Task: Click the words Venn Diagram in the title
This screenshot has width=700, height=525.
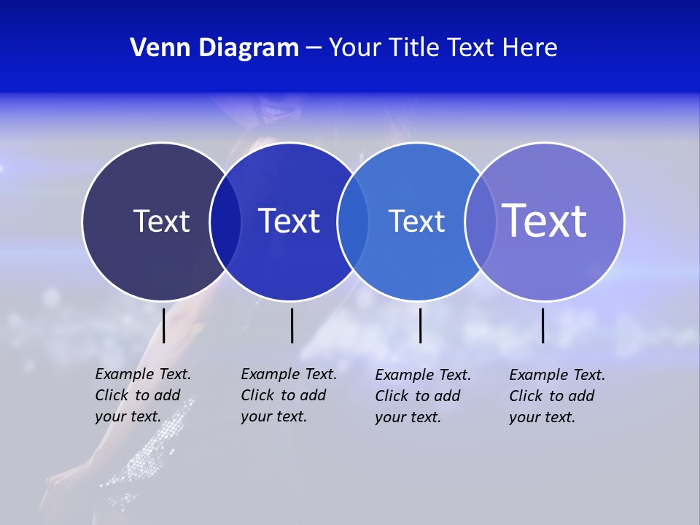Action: point(214,48)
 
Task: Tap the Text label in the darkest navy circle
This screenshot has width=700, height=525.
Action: point(161,221)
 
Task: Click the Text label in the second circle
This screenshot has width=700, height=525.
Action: point(289,221)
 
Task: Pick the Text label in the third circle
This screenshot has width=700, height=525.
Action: point(416,221)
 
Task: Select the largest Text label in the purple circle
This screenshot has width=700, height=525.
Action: point(544,220)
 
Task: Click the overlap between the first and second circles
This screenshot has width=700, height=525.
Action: point(225,221)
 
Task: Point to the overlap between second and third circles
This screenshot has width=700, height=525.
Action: point(353,221)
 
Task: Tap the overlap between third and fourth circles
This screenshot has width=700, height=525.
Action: point(478,221)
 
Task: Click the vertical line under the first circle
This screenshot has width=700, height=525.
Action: point(164,325)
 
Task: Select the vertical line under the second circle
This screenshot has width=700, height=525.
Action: point(292,325)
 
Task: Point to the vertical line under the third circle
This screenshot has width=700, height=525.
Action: point(420,325)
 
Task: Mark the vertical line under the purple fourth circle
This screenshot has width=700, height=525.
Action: point(543,325)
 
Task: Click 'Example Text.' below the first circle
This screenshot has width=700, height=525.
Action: point(143,374)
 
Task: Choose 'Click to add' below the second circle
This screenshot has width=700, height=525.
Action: point(284,395)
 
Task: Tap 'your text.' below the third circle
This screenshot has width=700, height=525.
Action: point(408,417)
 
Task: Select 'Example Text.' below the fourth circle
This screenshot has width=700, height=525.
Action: point(557,375)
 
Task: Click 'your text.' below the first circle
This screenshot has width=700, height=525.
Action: point(128,416)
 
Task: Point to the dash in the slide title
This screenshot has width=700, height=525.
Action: point(314,48)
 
